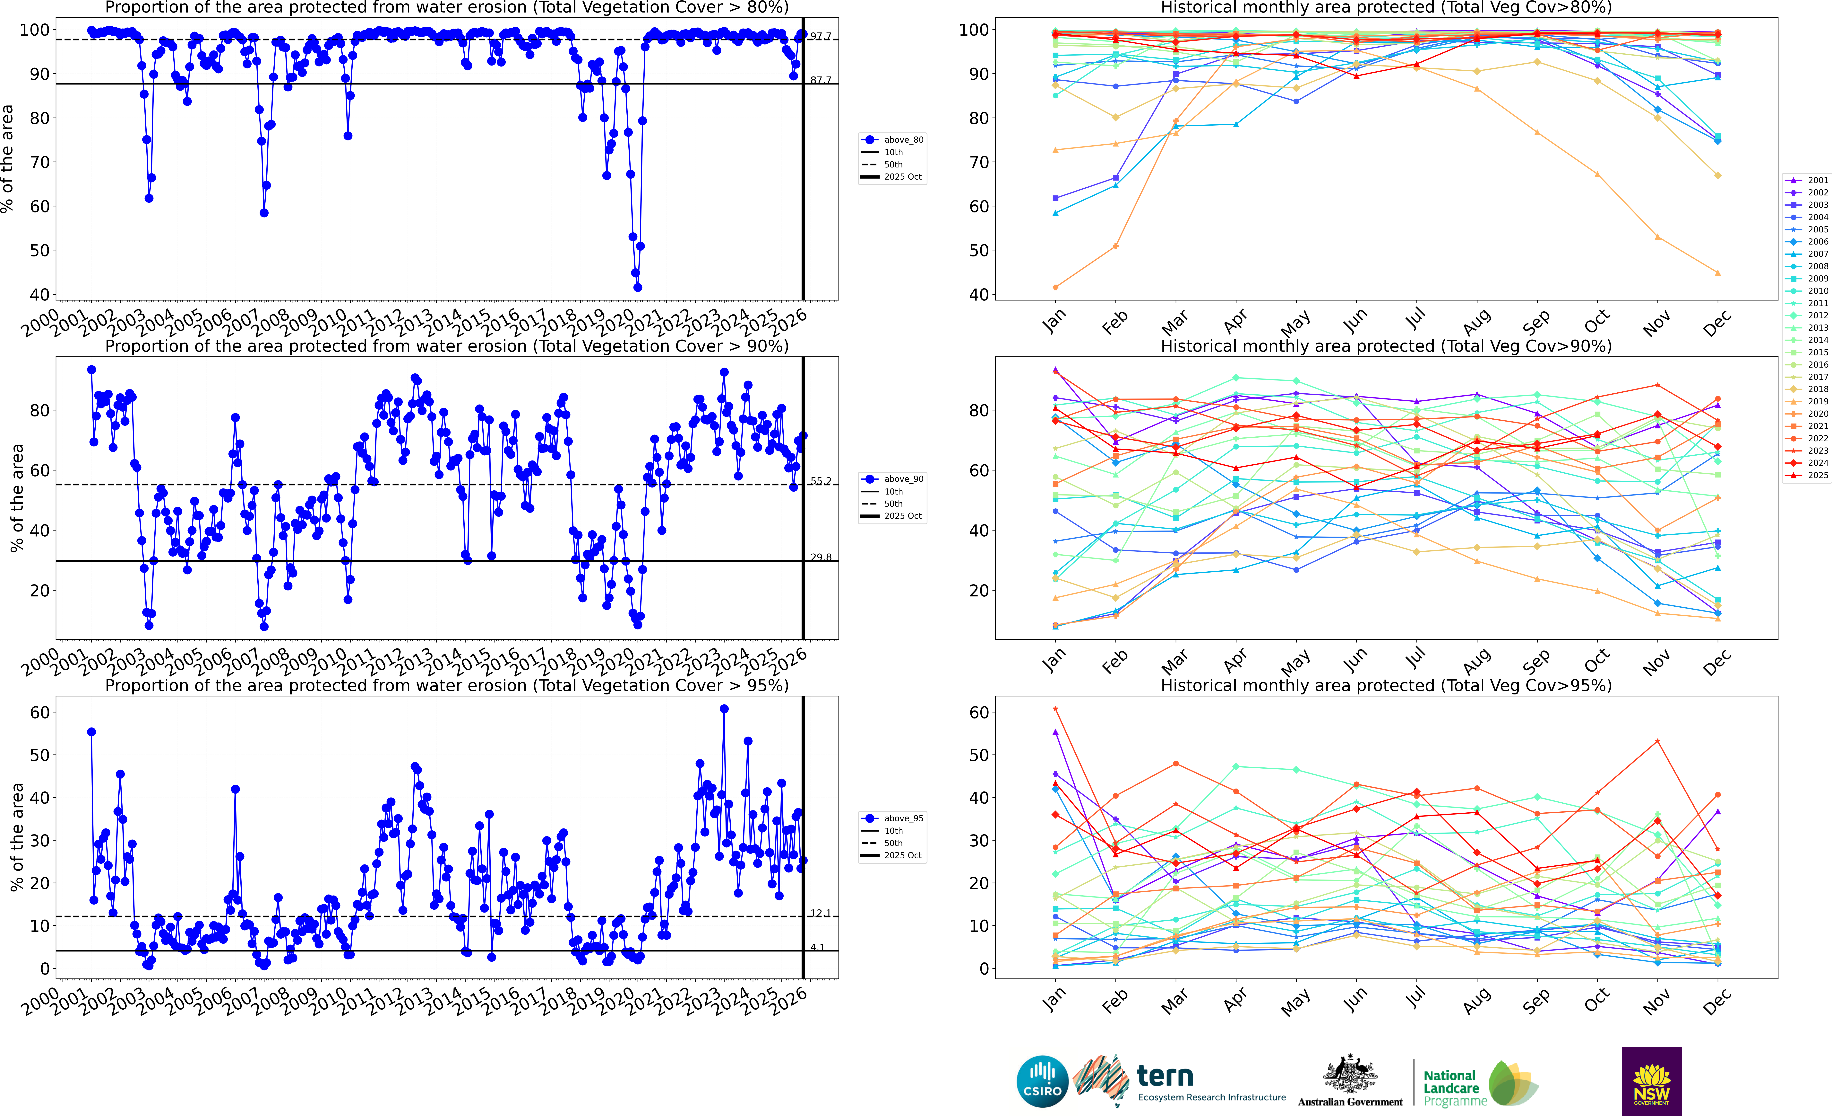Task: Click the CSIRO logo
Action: click(x=1042, y=1081)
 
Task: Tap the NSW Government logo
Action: click(x=1651, y=1081)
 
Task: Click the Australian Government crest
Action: click(x=1349, y=1074)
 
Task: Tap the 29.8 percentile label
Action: click(x=821, y=557)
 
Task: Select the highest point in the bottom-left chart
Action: click(x=724, y=709)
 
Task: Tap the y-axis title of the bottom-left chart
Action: click(x=16, y=837)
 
